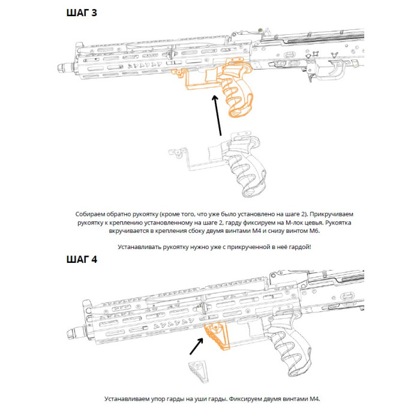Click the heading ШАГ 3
pos(81,13)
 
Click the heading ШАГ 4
pos(81,260)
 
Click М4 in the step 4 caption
pos(314,398)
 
